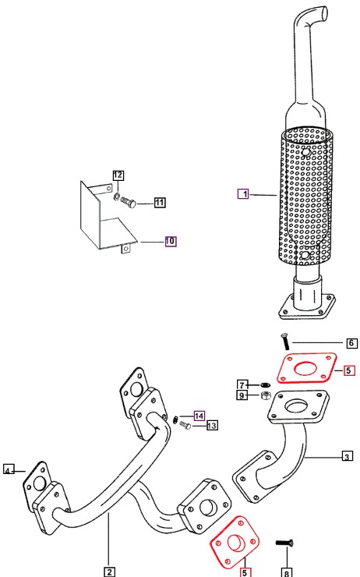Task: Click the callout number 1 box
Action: [243, 193]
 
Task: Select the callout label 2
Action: [109, 572]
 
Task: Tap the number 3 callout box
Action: [347, 457]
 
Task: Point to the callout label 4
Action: [9, 470]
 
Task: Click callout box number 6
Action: [351, 343]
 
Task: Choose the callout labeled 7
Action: [242, 385]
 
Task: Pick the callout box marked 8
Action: [287, 572]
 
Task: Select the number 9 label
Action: [242, 395]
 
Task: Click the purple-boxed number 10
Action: [170, 241]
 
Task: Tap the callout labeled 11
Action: [160, 203]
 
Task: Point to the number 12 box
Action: [118, 175]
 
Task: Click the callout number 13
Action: [212, 426]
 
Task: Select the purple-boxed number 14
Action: [199, 416]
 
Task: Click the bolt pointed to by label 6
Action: [285, 341]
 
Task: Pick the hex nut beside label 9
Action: [265, 396]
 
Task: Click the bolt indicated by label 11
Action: [129, 203]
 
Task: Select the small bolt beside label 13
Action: [185, 426]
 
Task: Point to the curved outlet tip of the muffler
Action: [322, 12]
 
